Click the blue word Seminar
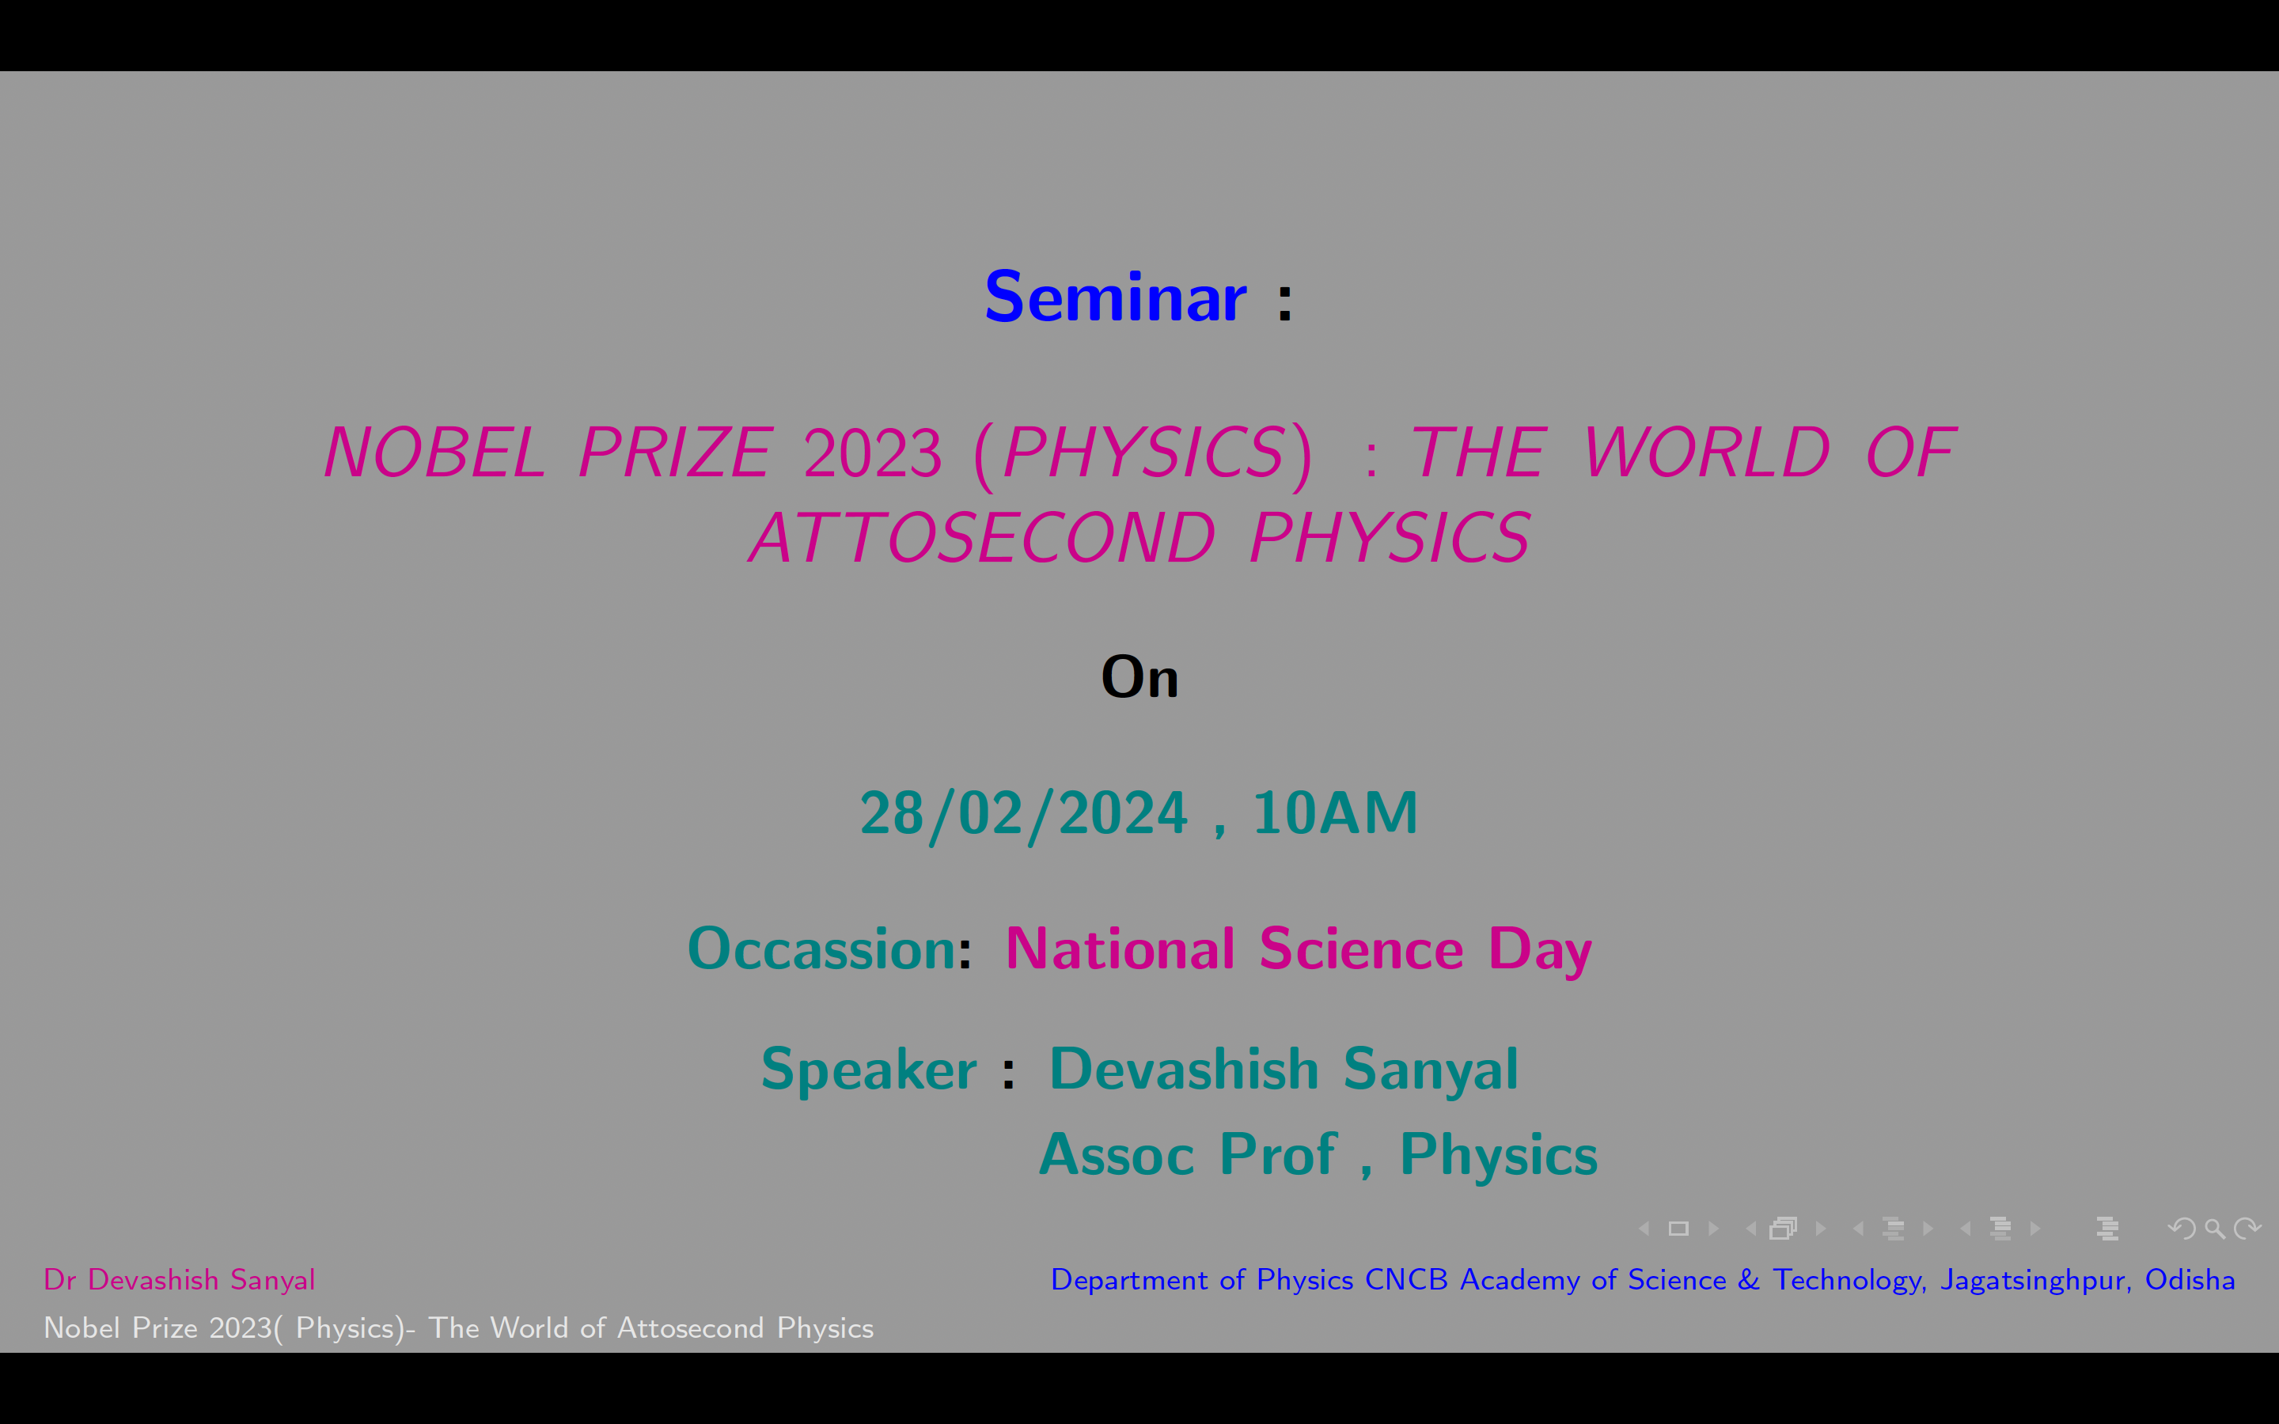(x=1115, y=297)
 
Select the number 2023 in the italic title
(x=872, y=453)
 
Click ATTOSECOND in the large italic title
(x=981, y=538)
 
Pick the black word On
(x=1139, y=676)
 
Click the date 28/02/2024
(x=1024, y=814)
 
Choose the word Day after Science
(x=1540, y=951)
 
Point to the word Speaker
(x=868, y=1070)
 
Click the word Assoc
(x=1116, y=1155)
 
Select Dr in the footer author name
(x=59, y=1280)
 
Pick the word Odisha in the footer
(x=2190, y=1280)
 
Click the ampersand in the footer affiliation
(x=1749, y=1280)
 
